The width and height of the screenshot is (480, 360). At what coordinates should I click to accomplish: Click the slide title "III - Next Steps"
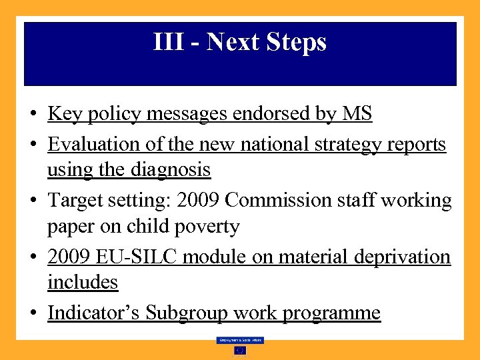pos(240,43)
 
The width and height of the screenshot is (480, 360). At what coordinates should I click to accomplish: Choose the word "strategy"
pos(343,144)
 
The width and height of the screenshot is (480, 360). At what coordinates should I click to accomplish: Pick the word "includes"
pos(83,283)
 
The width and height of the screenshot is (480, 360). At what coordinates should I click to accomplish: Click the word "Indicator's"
pos(94,313)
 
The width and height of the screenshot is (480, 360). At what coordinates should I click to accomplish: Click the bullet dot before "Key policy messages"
pos(33,115)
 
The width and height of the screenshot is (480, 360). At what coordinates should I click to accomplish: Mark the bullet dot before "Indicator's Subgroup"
pos(33,313)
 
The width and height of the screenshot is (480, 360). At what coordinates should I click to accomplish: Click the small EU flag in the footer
pos(240,351)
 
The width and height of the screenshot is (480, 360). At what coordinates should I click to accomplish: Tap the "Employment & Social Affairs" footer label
pos(240,340)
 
